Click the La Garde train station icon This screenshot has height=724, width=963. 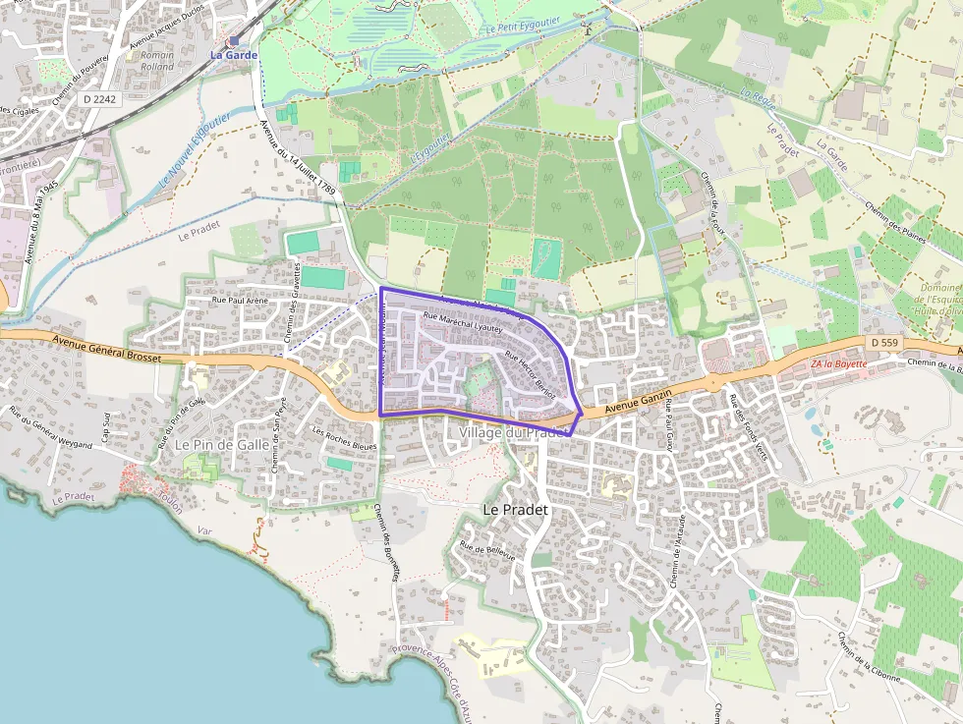[x=234, y=41]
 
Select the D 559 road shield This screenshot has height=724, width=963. [x=883, y=341]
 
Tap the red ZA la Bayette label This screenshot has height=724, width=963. [x=838, y=364]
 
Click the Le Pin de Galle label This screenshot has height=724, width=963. [x=221, y=444]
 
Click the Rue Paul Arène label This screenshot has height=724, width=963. [x=241, y=301]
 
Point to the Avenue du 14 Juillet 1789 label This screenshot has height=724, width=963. [x=300, y=163]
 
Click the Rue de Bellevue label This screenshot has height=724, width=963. [x=487, y=552]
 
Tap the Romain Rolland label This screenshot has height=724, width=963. [x=156, y=61]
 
